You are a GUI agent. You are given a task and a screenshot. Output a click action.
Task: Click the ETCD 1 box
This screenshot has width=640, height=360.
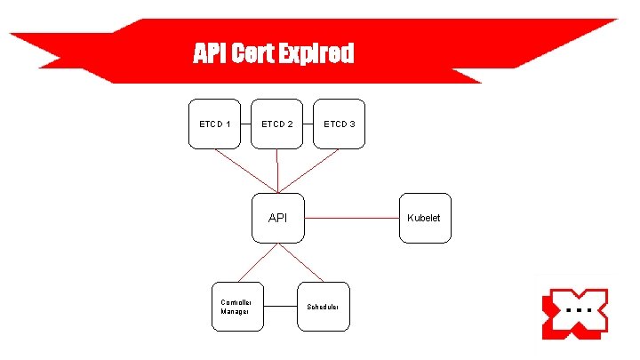pyautogui.click(x=214, y=123)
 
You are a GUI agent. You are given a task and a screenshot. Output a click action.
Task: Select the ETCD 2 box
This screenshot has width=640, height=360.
pyautogui.click(x=276, y=123)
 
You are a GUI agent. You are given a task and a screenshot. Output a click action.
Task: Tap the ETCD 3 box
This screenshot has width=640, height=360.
pyautogui.click(x=339, y=123)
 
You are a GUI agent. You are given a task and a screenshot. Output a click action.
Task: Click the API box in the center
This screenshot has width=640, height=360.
pyautogui.click(x=277, y=217)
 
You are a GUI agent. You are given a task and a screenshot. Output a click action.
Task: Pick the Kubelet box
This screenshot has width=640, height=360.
pyautogui.click(x=424, y=217)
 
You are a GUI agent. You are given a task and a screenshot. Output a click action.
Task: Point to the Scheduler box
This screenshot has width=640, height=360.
pyautogui.click(x=324, y=307)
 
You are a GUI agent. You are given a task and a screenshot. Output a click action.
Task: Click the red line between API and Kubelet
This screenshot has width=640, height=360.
pyautogui.click(x=351, y=216)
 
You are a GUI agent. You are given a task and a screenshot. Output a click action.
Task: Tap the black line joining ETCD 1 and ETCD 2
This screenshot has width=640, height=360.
pyautogui.click(x=245, y=123)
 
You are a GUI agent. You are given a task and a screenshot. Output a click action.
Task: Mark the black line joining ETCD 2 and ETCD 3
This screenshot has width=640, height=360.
pyautogui.click(x=308, y=123)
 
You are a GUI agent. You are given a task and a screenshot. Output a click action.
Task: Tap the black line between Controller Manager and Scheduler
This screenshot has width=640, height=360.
pyautogui.click(x=280, y=306)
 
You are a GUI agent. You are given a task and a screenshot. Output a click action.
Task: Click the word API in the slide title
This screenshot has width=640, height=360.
pyautogui.click(x=210, y=55)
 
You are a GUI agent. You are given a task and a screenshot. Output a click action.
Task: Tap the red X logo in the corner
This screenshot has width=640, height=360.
pyautogui.click(x=574, y=313)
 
